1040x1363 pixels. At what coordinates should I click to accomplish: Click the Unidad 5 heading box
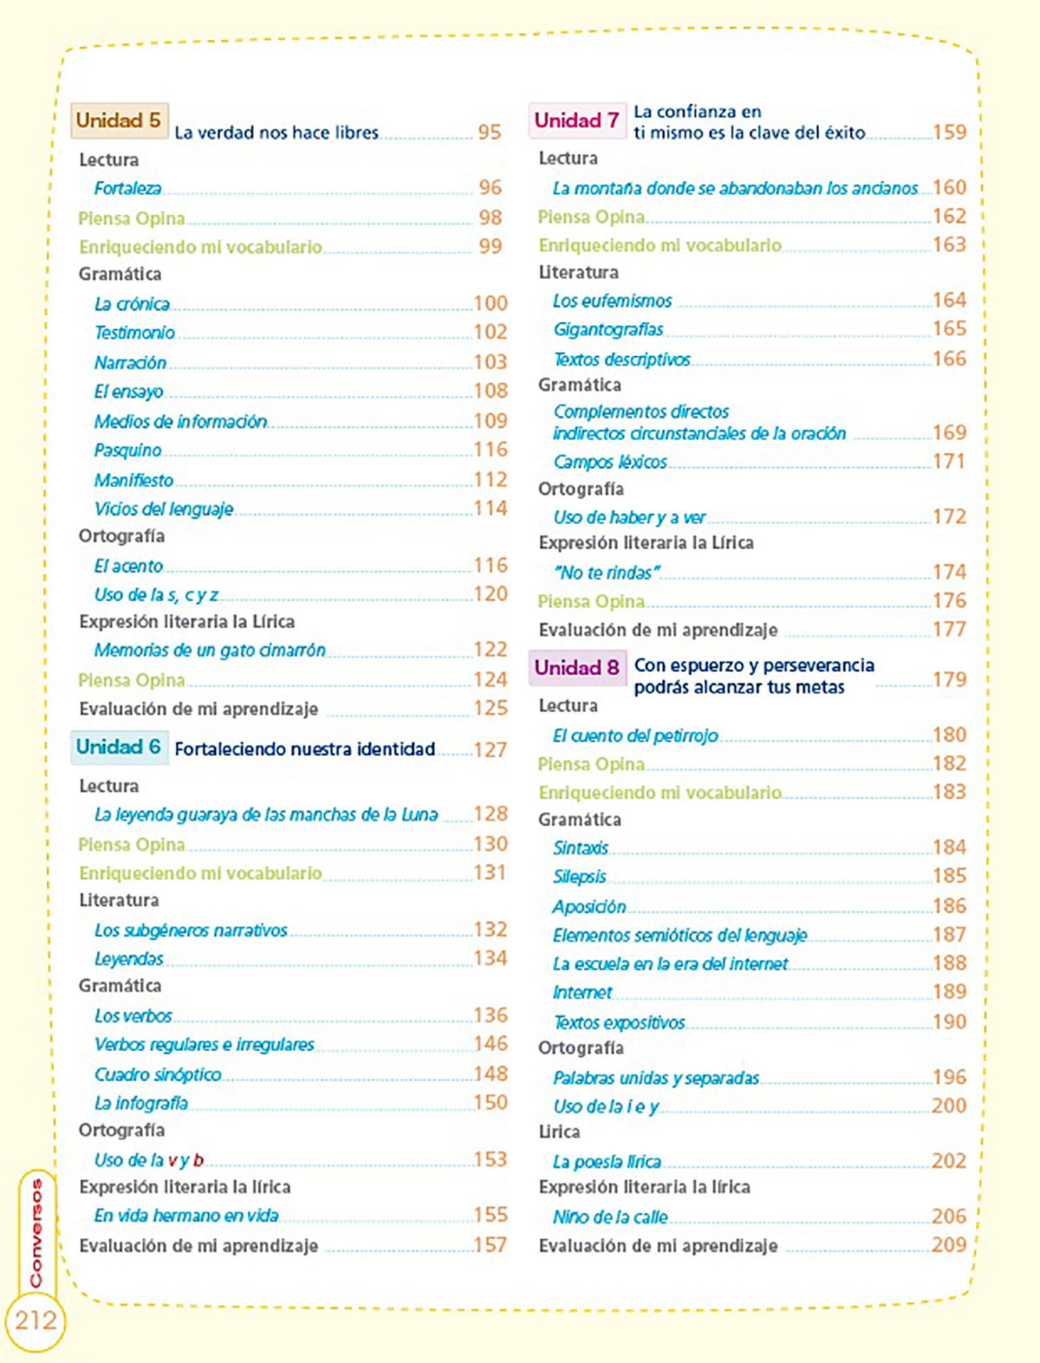point(119,121)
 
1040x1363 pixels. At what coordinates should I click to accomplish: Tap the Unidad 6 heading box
point(119,747)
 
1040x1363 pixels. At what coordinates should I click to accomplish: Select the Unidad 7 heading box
point(577,121)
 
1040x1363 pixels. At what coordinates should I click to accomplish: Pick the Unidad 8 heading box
point(577,668)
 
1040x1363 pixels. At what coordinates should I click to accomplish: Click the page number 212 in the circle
point(35,1320)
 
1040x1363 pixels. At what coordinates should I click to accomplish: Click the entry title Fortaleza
point(128,188)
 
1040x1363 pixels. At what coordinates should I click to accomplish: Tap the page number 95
point(489,132)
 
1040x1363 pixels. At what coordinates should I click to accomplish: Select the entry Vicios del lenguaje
point(164,509)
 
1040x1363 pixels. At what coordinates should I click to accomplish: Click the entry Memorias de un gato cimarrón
point(209,650)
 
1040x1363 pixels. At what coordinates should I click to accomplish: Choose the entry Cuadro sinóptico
point(158,1074)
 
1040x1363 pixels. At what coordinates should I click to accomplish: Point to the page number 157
point(490,1245)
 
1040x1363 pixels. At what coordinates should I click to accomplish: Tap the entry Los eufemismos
point(612,301)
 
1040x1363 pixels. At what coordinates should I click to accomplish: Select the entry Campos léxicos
point(610,462)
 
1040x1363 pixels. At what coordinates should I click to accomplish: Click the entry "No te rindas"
point(607,573)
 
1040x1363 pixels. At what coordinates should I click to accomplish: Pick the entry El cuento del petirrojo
point(635,735)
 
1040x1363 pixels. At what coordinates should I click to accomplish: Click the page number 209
point(948,1245)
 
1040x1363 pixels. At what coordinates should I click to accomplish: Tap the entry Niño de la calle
point(610,1217)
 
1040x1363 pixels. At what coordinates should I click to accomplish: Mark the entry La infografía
point(141,1103)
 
